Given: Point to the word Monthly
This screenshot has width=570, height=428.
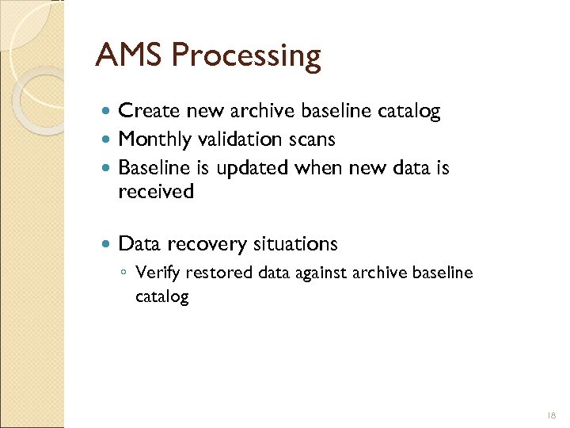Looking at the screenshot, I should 154,139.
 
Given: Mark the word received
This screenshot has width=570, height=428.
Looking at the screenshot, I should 155,191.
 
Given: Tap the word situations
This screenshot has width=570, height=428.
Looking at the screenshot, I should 295,243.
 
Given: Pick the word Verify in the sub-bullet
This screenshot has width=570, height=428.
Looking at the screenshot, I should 156,273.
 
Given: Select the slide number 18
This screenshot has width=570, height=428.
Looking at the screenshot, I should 551,415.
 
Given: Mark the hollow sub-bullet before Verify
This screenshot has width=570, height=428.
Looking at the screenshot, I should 124,273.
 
